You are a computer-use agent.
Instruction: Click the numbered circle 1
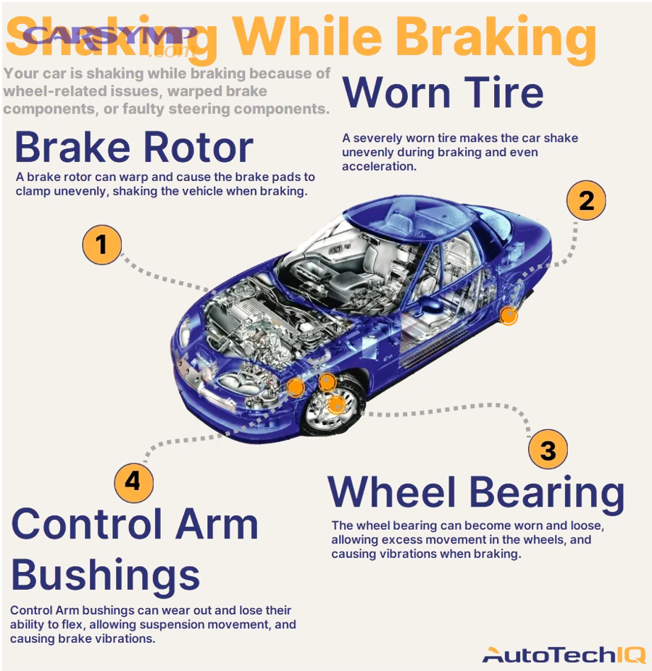(x=101, y=245)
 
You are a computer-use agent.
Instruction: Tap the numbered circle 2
(x=585, y=200)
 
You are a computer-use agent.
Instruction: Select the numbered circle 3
(x=548, y=450)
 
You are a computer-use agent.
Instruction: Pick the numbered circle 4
(x=133, y=481)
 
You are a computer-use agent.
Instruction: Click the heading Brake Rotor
(x=134, y=148)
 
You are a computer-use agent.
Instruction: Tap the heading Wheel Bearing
(x=475, y=493)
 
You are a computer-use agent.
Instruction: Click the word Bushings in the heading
(x=106, y=575)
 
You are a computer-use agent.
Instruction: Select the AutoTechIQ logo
(x=564, y=655)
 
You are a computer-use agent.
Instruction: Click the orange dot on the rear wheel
(x=509, y=316)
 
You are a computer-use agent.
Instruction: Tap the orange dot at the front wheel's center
(x=336, y=405)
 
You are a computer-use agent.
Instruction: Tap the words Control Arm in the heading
(x=135, y=524)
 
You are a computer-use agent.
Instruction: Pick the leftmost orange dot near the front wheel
(x=296, y=387)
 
